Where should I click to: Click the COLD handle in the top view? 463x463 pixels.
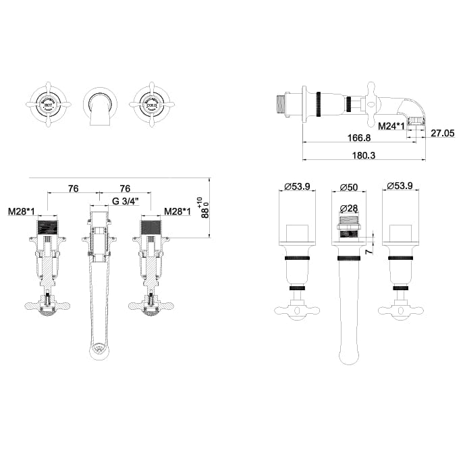(x=151, y=105)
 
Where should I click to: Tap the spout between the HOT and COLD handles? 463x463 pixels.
(x=100, y=107)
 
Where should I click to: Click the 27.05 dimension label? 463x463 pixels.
(x=442, y=134)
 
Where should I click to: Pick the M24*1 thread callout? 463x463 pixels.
(x=391, y=126)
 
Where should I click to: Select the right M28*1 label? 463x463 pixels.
(x=178, y=211)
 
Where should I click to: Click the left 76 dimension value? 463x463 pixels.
(x=74, y=188)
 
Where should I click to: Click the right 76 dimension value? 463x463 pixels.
(x=125, y=188)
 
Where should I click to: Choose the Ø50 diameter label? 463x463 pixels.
(x=348, y=186)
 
